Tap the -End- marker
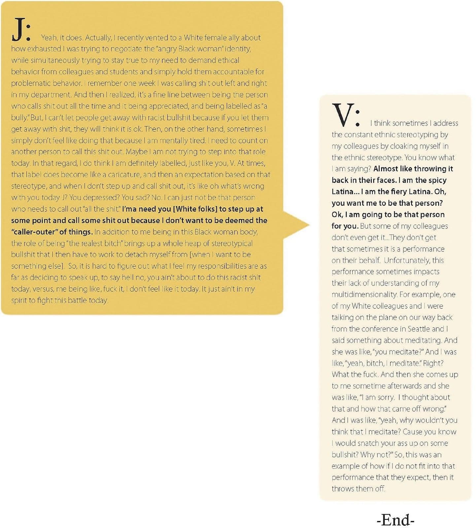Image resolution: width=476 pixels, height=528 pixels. click(x=395, y=520)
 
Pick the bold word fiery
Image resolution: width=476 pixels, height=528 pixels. click(x=398, y=191)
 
